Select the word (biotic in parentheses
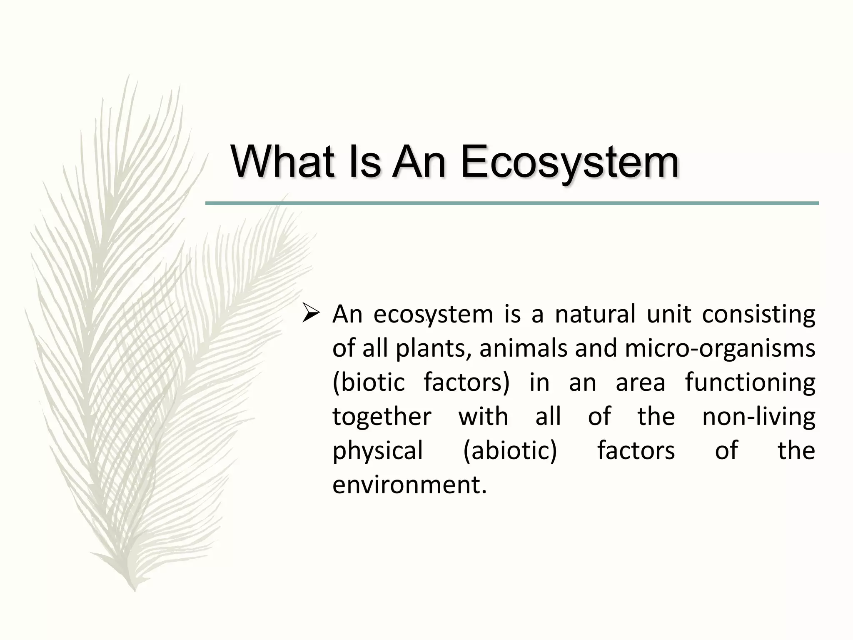[369, 383]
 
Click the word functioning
[750, 383]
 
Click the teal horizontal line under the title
[512, 203]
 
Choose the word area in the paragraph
[640, 383]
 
